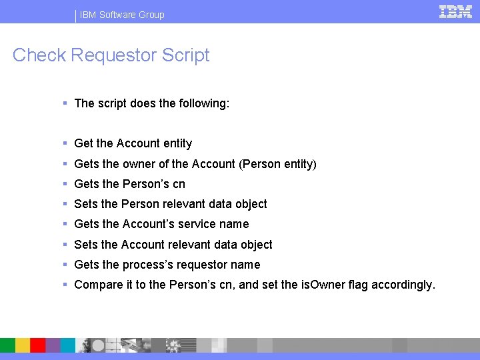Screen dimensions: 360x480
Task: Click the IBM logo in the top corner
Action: [455, 12]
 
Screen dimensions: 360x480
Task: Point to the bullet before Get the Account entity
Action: [65, 143]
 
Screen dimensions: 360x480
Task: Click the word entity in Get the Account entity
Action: [177, 143]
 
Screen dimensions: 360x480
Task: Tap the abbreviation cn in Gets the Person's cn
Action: [179, 184]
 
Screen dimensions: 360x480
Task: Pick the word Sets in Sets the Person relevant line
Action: [86, 204]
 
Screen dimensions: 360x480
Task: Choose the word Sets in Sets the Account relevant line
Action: [86, 245]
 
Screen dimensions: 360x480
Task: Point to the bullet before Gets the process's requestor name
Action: [65, 265]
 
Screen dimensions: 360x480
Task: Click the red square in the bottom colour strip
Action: [37, 345]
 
